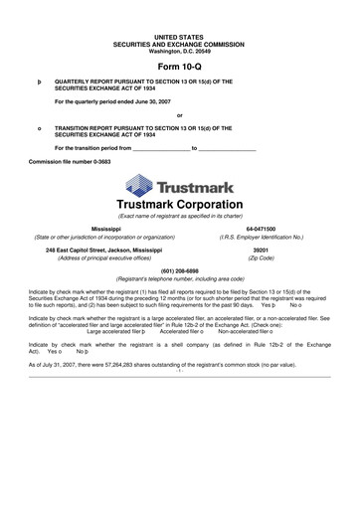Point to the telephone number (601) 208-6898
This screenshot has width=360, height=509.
(x=180, y=270)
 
